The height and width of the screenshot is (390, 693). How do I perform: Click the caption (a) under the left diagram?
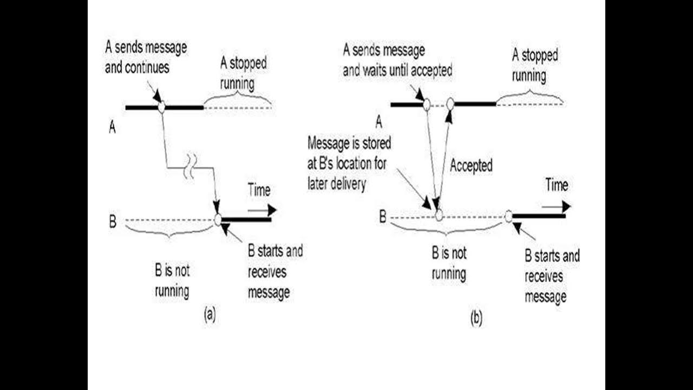[x=210, y=315]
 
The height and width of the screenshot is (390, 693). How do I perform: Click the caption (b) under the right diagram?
[x=475, y=319]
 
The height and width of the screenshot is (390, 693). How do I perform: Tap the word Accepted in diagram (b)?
[x=471, y=166]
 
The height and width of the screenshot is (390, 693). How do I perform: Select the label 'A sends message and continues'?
[x=146, y=57]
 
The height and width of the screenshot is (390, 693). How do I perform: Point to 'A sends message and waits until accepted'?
[x=397, y=60]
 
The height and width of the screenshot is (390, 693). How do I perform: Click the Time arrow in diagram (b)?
[x=556, y=206]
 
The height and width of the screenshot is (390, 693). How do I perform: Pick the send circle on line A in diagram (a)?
[x=161, y=107]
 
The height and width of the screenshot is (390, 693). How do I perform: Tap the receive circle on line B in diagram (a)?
[x=218, y=219]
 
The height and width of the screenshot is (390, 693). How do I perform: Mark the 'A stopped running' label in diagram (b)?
[x=535, y=65]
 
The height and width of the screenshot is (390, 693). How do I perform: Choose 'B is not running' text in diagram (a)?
[x=172, y=281]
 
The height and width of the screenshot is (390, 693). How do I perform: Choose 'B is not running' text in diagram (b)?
[x=449, y=263]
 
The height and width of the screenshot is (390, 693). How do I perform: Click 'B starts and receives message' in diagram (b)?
[x=552, y=276]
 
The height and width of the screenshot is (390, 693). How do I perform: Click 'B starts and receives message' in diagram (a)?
[x=275, y=272]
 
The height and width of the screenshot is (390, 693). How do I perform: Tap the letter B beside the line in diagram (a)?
[x=113, y=222]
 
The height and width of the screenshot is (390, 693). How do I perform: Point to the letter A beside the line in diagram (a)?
[x=113, y=127]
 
